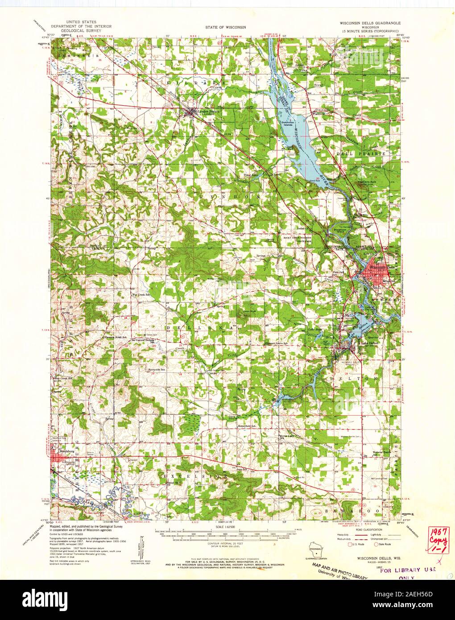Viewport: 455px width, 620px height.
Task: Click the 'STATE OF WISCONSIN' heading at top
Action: [226, 27]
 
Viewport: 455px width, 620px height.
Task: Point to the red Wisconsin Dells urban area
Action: [372, 272]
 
